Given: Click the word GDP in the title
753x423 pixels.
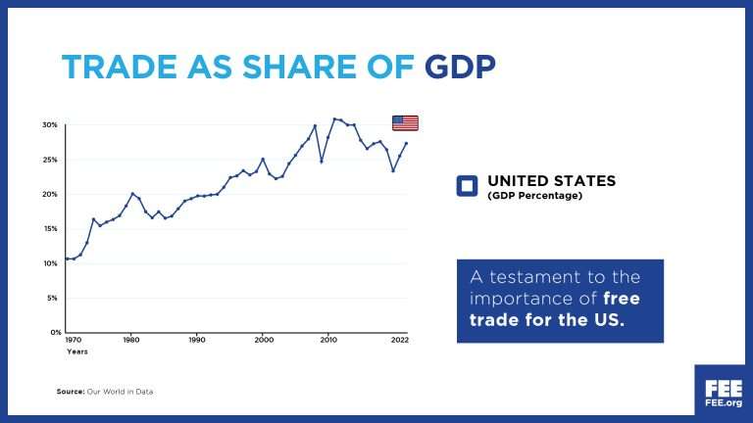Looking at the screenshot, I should click(x=460, y=66).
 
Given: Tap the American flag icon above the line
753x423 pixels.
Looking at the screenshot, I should click(x=405, y=122).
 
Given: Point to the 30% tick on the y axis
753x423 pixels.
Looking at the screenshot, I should click(x=50, y=125).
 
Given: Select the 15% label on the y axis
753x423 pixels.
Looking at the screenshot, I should click(x=50, y=229).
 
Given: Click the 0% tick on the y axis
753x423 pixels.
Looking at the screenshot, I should click(x=53, y=333).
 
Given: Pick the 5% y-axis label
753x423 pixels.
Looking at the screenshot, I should click(x=53, y=299).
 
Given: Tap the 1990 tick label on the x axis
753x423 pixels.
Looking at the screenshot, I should click(x=197, y=340).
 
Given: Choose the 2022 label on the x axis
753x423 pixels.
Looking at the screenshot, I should click(x=399, y=340).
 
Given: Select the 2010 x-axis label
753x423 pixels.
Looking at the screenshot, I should click(x=328, y=340).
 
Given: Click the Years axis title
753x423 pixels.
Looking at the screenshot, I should click(x=76, y=351).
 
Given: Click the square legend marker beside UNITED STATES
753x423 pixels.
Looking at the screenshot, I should click(x=467, y=186).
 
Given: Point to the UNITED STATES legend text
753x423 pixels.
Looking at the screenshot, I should click(x=551, y=181).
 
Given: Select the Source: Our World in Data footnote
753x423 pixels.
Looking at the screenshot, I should click(x=105, y=392).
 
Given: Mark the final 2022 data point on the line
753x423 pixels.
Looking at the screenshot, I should click(x=406, y=144).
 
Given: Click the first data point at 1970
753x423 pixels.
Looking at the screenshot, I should click(x=67, y=258).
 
